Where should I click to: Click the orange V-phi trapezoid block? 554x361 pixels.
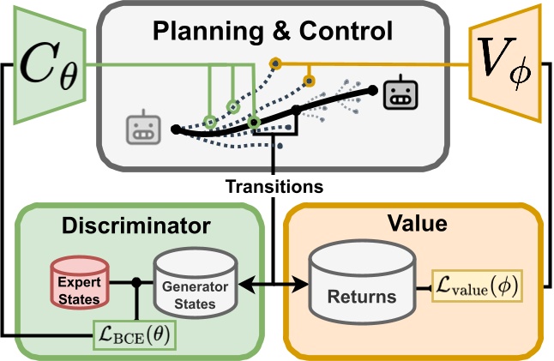pyautogui.click(x=505, y=63)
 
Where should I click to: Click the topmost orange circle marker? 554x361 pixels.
pyautogui.click(x=275, y=63)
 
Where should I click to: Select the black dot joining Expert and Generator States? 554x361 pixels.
pyautogui.click(x=135, y=282)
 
